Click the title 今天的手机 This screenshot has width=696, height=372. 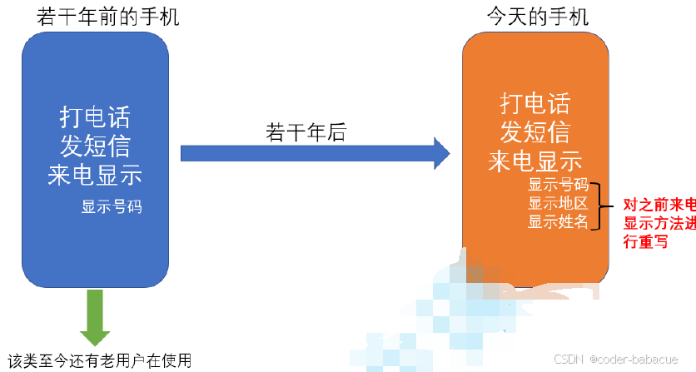538,16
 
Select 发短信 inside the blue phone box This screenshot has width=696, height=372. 95,146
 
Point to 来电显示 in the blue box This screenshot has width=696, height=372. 95,175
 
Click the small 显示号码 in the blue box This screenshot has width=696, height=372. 112,206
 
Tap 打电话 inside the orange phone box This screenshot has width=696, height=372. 534,103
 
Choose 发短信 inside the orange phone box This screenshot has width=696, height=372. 534,131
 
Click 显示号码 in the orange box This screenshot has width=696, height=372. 559,185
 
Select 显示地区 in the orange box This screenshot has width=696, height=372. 559,203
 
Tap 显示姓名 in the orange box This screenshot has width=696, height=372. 559,221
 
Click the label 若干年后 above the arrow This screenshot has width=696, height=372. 306,132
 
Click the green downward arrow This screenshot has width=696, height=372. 95,317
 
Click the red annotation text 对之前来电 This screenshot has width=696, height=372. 659,204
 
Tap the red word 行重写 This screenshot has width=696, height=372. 645,242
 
